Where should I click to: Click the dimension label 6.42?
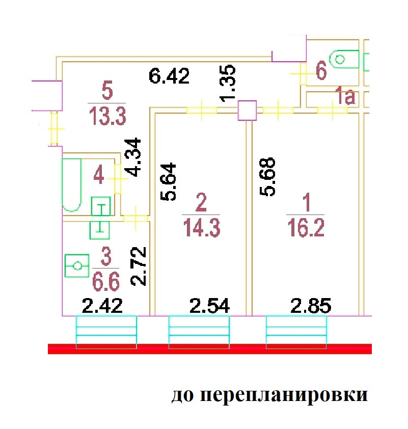pos(169,77)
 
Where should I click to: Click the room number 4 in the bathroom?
pos(99,177)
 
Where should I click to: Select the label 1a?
pos(345,97)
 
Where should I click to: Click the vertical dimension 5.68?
pos(268,177)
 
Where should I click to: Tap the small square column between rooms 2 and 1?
pos(247,110)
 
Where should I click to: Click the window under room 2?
pos(199,332)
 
